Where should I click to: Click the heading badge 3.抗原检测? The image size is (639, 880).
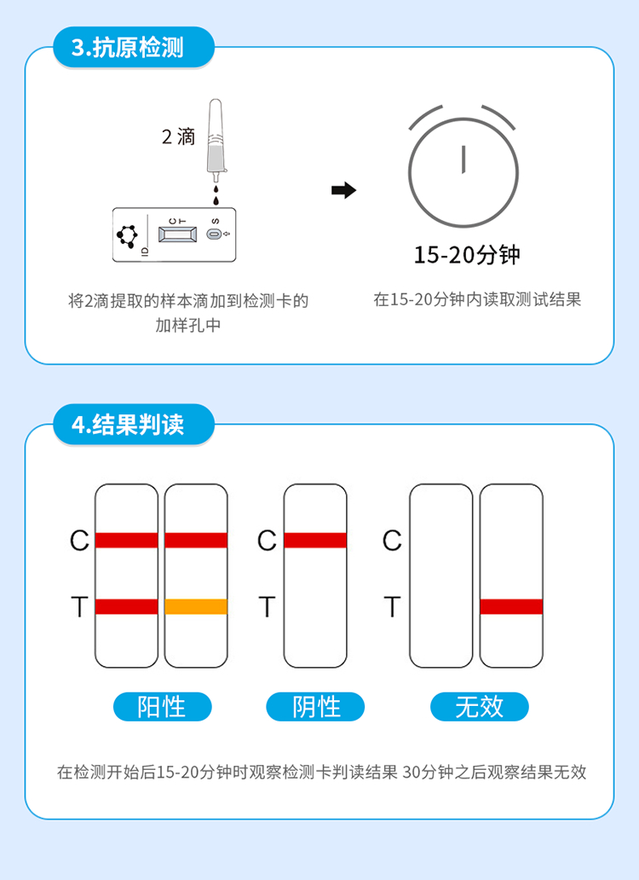pos(134,47)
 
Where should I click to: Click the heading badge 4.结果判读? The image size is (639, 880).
pos(134,425)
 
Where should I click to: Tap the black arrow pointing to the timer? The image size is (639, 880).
pos(343,190)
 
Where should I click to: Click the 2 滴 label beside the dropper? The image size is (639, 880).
pos(178,136)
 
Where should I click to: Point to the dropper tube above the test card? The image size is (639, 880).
pos(216,140)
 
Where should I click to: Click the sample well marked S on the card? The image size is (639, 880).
pos(214,234)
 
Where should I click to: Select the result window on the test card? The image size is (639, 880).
pos(178,234)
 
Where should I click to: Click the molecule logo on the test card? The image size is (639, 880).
pos(127,235)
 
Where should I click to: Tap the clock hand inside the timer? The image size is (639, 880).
pos(463,159)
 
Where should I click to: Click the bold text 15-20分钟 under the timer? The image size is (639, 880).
pos(467,255)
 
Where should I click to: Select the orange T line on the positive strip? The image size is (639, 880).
pos(196,606)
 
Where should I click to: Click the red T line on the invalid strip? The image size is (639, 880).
pos(511,606)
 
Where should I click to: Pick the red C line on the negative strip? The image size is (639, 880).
pos(315,540)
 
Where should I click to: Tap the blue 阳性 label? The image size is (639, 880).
pos(162,707)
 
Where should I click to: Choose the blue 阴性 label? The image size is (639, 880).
pos(315,707)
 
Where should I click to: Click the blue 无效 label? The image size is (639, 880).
pos(479,707)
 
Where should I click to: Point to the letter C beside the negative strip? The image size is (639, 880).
pos(267,541)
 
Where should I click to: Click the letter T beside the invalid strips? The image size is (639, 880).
pos(393,607)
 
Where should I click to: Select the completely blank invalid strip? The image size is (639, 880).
pos(441,576)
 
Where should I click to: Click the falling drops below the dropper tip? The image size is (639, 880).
pos(216,194)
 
